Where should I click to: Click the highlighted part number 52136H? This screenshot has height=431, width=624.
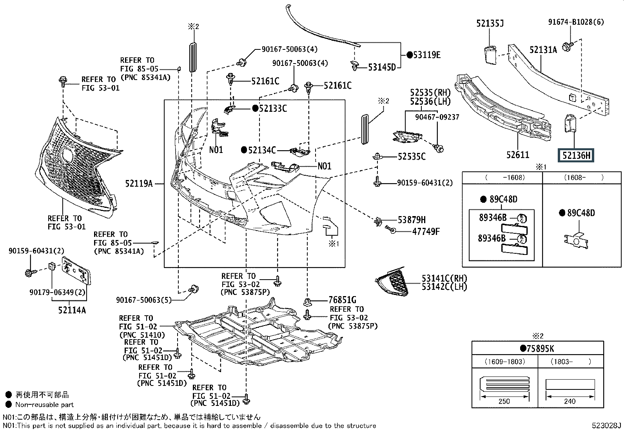pyautogui.click(x=576, y=156)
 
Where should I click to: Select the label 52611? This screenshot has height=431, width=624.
pyautogui.click(x=517, y=155)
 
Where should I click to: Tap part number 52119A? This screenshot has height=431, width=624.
pyautogui.click(x=139, y=183)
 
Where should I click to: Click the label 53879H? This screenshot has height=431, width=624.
pyautogui.click(x=411, y=220)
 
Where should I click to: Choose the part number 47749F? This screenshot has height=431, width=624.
pyautogui.click(x=426, y=231)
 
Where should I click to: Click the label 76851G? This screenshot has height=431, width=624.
pyautogui.click(x=342, y=300)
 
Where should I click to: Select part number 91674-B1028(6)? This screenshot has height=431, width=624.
pyautogui.click(x=576, y=22)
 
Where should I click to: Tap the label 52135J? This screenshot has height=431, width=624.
pyautogui.click(x=490, y=24)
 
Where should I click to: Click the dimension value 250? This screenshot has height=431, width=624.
pyautogui.click(x=504, y=401)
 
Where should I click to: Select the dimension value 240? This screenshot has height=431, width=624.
pyautogui.click(x=570, y=401)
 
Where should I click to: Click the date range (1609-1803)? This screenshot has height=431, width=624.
pyautogui.click(x=504, y=361)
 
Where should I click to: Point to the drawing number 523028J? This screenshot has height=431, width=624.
pyautogui.click(x=607, y=426)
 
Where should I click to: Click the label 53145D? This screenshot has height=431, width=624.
pyautogui.click(x=382, y=67)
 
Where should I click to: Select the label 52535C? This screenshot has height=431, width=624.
pyautogui.click(x=411, y=156)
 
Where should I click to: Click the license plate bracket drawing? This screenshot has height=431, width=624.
pyautogui.click(x=76, y=271)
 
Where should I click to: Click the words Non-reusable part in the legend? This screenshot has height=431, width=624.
pyautogui.click(x=44, y=404)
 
